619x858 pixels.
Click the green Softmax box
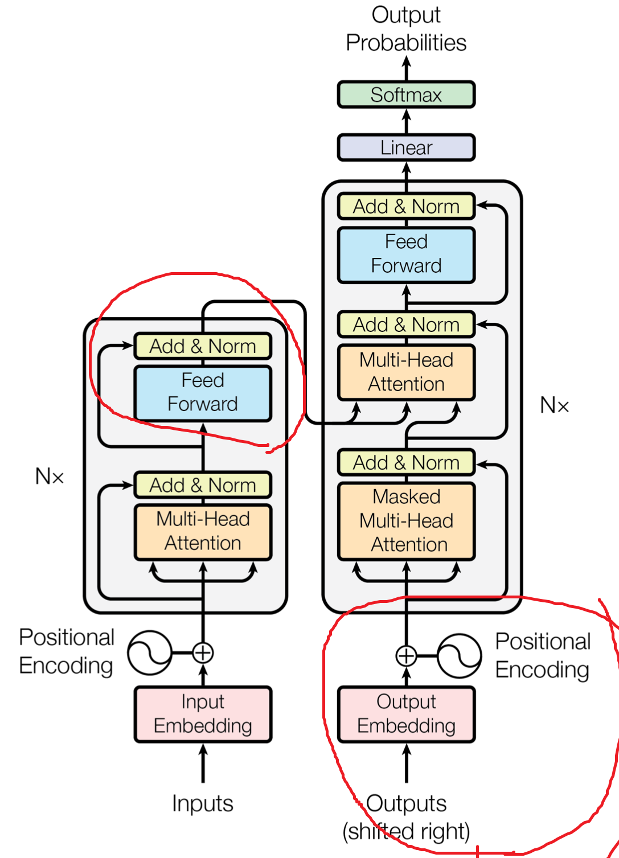(406, 95)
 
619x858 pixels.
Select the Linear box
(406, 147)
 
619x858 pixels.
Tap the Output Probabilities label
(406, 28)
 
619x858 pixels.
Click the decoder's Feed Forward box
(406, 254)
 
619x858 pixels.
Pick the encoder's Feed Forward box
(203, 392)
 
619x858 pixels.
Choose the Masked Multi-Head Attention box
(406, 520)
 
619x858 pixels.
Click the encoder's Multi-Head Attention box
(203, 531)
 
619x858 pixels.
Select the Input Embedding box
(203, 714)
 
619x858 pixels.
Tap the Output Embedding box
(406, 714)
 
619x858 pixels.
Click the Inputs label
(203, 803)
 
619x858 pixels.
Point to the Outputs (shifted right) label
(406, 818)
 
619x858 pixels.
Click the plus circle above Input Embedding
(203, 652)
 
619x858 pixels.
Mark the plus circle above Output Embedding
(406, 656)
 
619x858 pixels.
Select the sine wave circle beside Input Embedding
(150, 652)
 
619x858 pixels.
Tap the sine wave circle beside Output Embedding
(460, 656)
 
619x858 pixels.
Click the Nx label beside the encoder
(50, 476)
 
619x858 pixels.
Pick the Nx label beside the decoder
(554, 405)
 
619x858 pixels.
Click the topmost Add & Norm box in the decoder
(406, 206)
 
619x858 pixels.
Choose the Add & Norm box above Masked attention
(406, 462)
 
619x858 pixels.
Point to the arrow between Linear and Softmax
(406, 121)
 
